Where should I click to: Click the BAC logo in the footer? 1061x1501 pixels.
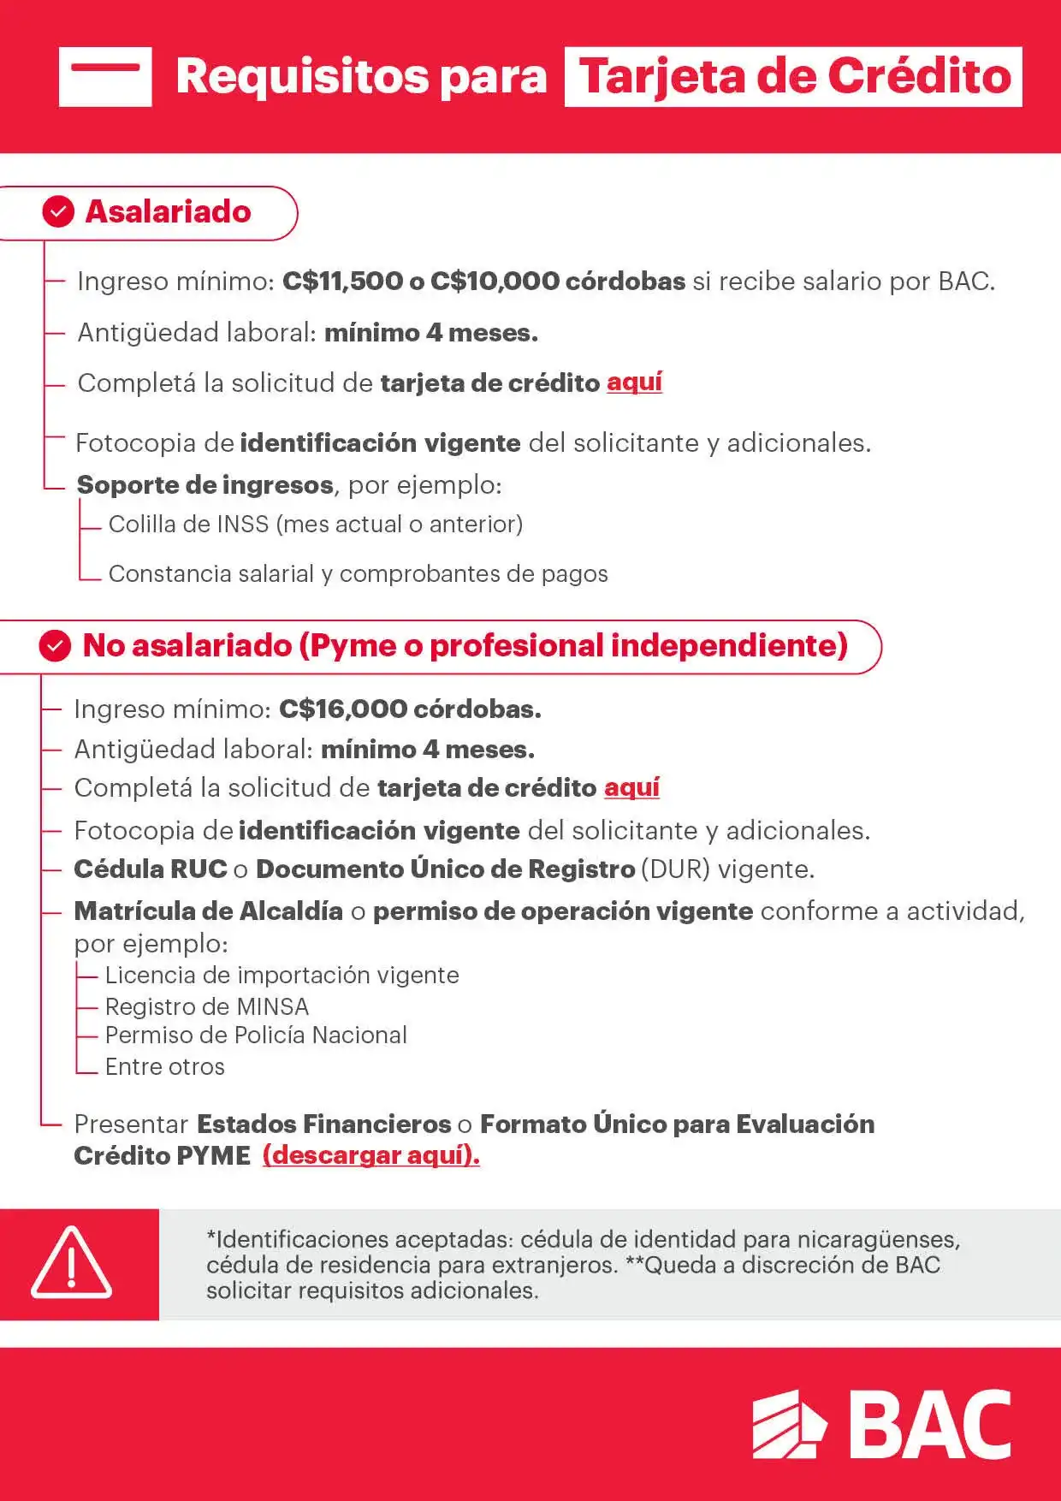tap(881, 1424)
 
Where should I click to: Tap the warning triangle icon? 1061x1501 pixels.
tap(71, 1264)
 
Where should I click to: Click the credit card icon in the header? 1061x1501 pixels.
tap(105, 77)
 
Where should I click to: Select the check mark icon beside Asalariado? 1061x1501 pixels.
tap(58, 211)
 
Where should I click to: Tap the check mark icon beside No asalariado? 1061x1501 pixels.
tap(55, 646)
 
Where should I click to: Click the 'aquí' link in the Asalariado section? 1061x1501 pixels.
tap(634, 383)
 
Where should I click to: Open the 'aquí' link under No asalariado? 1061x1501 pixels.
tap(631, 787)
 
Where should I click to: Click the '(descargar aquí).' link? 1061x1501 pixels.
tap(370, 1155)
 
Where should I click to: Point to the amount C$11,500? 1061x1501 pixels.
tap(342, 282)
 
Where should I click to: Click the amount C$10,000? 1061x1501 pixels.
tap(495, 282)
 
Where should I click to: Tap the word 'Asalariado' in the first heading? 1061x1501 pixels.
tap(168, 211)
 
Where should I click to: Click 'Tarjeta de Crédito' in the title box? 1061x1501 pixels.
tap(793, 77)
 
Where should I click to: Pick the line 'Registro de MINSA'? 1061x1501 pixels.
tap(206, 1006)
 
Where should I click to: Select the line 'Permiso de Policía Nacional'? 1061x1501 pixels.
tap(256, 1035)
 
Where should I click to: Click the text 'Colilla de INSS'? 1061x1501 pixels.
tap(188, 524)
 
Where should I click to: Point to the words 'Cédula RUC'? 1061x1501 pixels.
tap(151, 869)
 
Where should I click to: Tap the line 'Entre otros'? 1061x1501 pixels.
tap(164, 1067)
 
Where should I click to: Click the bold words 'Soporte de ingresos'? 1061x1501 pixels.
tap(204, 485)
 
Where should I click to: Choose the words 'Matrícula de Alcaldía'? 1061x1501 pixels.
tap(209, 911)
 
